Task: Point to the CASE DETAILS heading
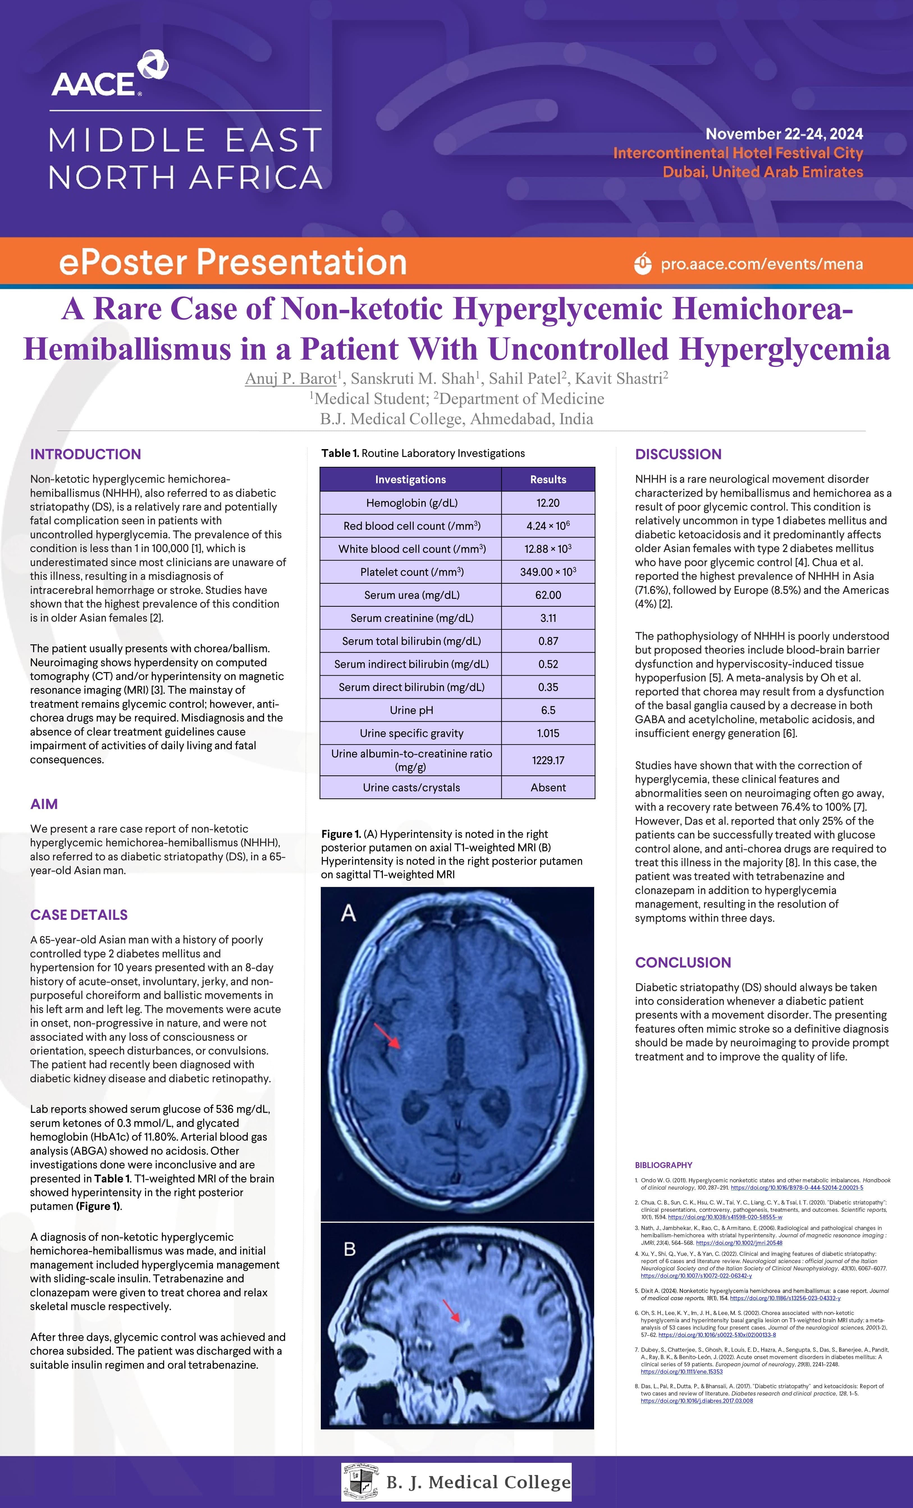[x=79, y=914]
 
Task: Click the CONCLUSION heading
[x=683, y=962]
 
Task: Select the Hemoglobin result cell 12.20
[x=548, y=502]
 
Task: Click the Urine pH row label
[x=411, y=710]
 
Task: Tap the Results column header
[x=548, y=479]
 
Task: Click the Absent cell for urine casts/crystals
[x=548, y=787]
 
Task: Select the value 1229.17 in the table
[x=548, y=760]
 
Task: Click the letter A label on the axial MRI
[x=348, y=913]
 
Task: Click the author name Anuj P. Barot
[x=291, y=379]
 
